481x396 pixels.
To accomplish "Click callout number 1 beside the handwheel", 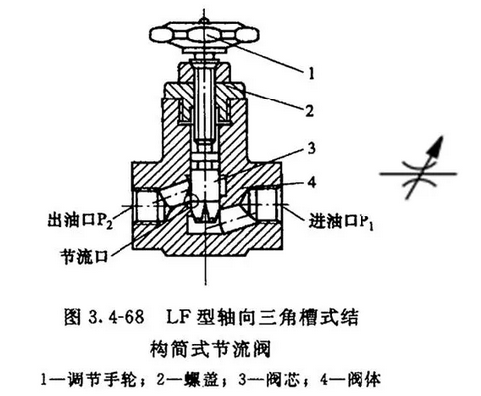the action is (x=311, y=73).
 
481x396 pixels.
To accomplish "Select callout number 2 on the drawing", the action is (x=309, y=111).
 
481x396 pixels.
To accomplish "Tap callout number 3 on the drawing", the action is (x=311, y=149).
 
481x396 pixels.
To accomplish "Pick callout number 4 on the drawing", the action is (x=312, y=182).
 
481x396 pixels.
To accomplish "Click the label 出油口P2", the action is (x=80, y=220).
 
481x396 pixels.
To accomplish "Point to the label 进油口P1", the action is (x=342, y=221).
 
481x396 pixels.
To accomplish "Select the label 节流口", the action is (x=85, y=256).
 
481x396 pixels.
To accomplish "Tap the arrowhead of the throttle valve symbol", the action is (x=437, y=145).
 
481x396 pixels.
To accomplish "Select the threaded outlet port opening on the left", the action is (x=148, y=205).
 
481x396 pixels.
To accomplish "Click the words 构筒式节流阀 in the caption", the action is (x=211, y=349).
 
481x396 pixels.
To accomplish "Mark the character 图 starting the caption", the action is (x=72, y=317).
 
